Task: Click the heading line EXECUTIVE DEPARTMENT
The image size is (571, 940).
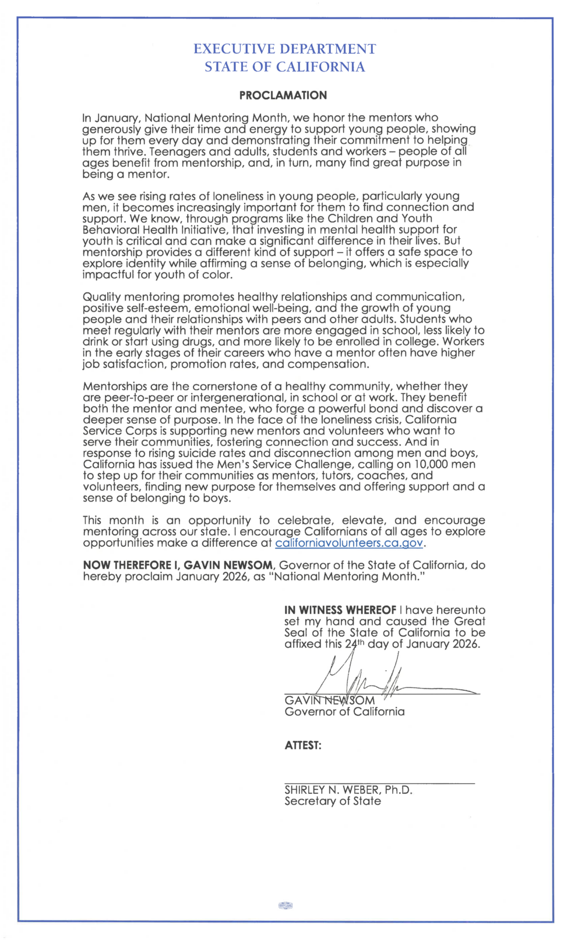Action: (x=284, y=49)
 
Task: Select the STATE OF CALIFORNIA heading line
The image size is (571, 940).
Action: (x=284, y=67)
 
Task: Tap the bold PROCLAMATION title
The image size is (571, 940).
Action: (x=283, y=96)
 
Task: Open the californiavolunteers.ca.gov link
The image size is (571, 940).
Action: (x=348, y=543)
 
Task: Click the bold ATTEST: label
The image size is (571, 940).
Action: (x=302, y=745)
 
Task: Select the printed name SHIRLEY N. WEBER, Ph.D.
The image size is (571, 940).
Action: (x=348, y=790)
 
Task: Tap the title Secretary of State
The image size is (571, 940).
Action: (x=333, y=801)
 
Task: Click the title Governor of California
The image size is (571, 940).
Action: (x=344, y=712)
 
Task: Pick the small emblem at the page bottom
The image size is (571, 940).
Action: (x=285, y=906)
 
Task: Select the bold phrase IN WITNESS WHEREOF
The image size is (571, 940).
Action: (x=340, y=610)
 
